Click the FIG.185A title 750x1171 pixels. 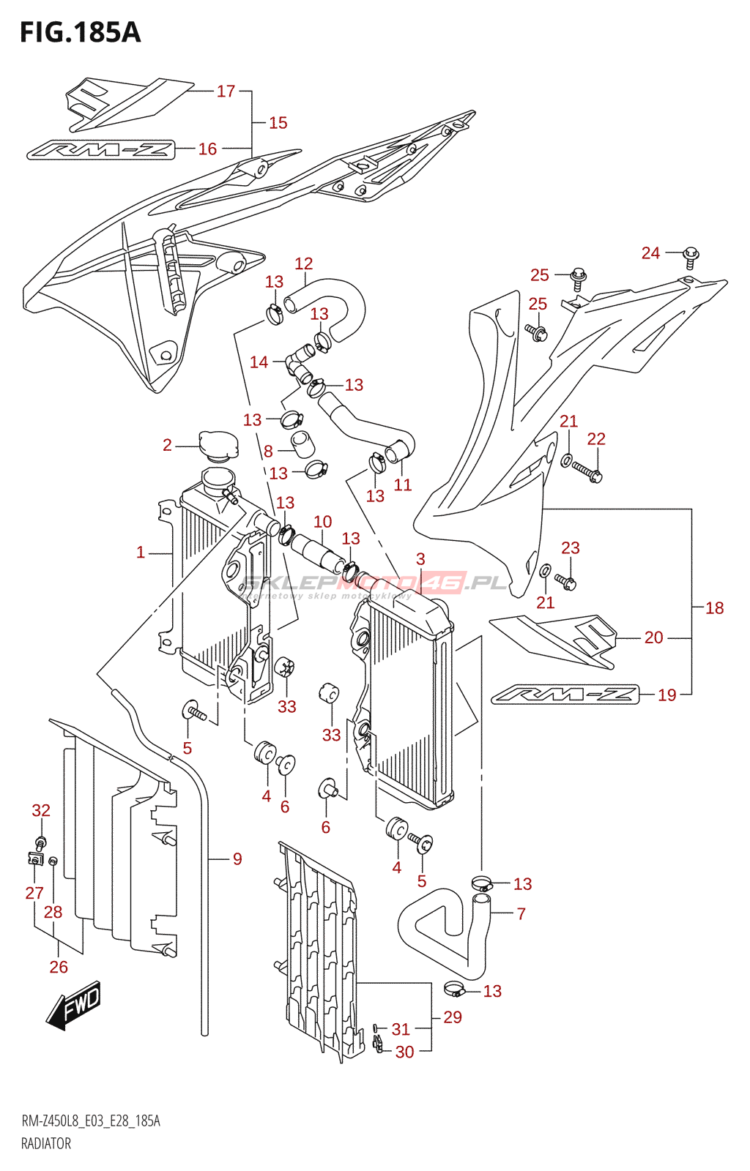[81, 32]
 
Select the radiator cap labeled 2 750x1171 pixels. [218, 444]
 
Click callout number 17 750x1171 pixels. [226, 91]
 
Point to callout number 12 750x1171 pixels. [303, 263]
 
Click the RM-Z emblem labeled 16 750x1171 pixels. [100, 150]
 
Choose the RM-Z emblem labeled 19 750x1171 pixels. [565, 694]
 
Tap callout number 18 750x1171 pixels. [714, 607]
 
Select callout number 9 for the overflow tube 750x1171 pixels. [237, 858]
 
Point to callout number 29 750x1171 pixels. [453, 1017]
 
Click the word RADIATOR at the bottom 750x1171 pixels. [46, 1143]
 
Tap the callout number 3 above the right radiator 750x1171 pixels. [420, 559]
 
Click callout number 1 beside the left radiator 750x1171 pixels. [141, 553]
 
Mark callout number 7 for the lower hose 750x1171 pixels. [521, 913]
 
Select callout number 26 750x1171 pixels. [59, 967]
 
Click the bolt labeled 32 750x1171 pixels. [41, 841]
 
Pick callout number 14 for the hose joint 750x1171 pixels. [259, 362]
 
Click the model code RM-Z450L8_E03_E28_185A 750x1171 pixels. [91, 1121]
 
